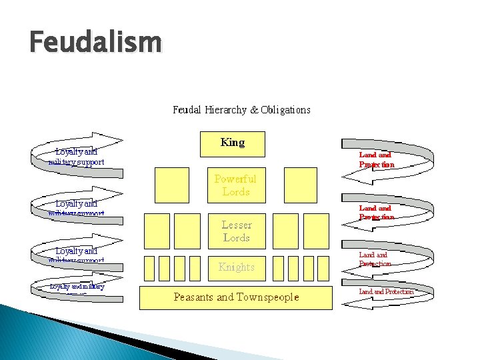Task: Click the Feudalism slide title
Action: pyautogui.click(x=95, y=43)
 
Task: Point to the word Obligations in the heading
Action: pyautogui.click(x=285, y=109)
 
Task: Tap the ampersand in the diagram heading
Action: pyautogui.click(x=254, y=109)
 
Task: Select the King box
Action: pyautogui.click(x=233, y=143)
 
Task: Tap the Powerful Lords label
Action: pyautogui.click(x=235, y=185)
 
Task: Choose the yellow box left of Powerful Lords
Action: pyautogui.click(x=171, y=185)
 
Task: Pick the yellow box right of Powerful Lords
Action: pyautogui.click(x=300, y=185)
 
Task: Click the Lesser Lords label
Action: pyautogui.click(x=236, y=231)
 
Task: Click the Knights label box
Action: pyautogui.click(x=237, y=267)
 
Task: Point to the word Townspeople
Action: pyautogui.click(x=265, y=297)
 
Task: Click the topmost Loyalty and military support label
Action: pyautogui.click(x=76, y=157)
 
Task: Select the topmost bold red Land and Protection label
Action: pyautogui.click(x=377, y=159)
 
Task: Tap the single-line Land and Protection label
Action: pyautogui.click(x=387, y=291)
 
